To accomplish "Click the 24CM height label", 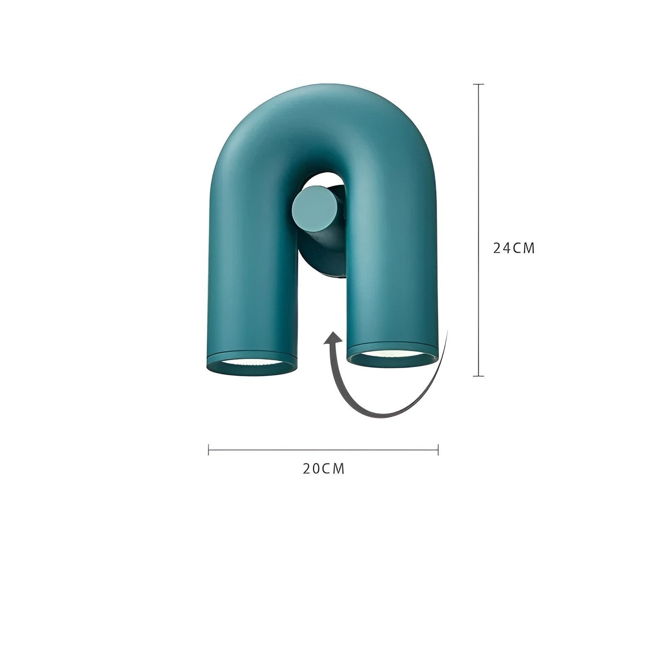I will point(514,248).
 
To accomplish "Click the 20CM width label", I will point(324,468).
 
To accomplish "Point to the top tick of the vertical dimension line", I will point(478,84).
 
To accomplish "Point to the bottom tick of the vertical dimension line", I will point(478,376).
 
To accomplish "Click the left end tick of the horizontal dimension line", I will point(208,450).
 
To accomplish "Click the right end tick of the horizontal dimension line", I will point(438,450).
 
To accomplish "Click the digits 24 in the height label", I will point(502,248).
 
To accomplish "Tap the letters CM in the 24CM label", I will point(524,248).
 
